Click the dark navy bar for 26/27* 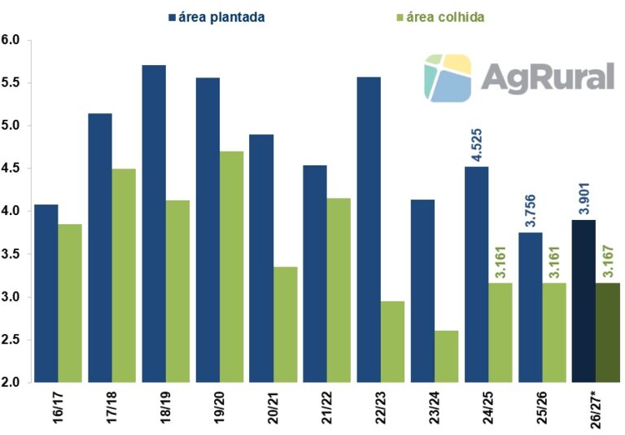pos(583,301)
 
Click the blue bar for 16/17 pos(46,292)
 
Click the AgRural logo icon pos(448,78)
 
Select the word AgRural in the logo pos(547,78)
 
